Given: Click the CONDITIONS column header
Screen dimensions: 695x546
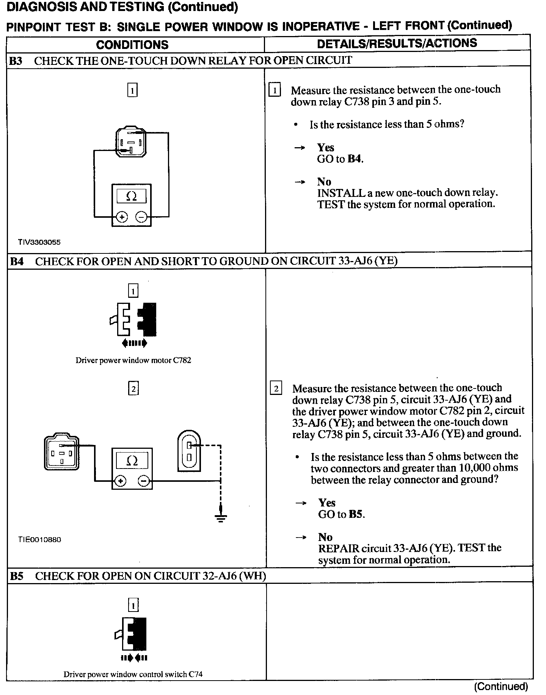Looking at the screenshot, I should tap(132, 45).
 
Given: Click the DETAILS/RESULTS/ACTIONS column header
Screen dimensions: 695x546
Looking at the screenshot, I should tap(397, 43).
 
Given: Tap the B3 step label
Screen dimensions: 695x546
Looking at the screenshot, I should tap(16, 61).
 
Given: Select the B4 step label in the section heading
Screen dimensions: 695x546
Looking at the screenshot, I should tap(16, 261).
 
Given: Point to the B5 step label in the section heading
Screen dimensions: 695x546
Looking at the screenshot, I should tap(16, 576).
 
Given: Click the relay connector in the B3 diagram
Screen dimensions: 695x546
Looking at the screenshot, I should tap(130, 142).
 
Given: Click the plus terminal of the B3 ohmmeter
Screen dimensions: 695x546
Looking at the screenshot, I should tap(122, 217).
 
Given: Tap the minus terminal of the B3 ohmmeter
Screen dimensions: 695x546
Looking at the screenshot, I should tap(141, 217).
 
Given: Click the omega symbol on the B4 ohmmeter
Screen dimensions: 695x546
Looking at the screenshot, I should tap(132, 461).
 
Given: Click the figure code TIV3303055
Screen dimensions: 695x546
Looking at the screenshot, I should tap(39, 242).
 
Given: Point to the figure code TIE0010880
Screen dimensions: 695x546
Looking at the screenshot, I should tap(39, 539).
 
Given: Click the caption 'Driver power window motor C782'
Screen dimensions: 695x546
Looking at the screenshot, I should tap(133, 360).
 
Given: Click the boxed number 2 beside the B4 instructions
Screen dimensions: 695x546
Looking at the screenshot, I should tap(276, 389).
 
